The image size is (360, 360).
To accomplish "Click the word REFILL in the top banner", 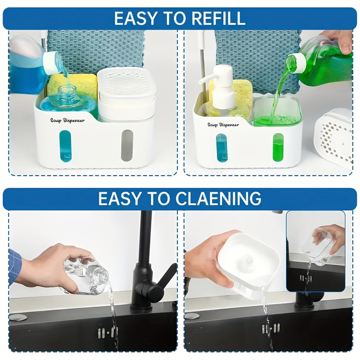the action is (219, 18).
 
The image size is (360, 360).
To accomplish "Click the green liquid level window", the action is (278, 148).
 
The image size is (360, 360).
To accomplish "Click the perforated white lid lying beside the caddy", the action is (333, 139).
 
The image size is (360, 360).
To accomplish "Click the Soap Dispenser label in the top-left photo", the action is (67, 121).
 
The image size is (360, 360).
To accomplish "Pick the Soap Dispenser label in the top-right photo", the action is (223, 125).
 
